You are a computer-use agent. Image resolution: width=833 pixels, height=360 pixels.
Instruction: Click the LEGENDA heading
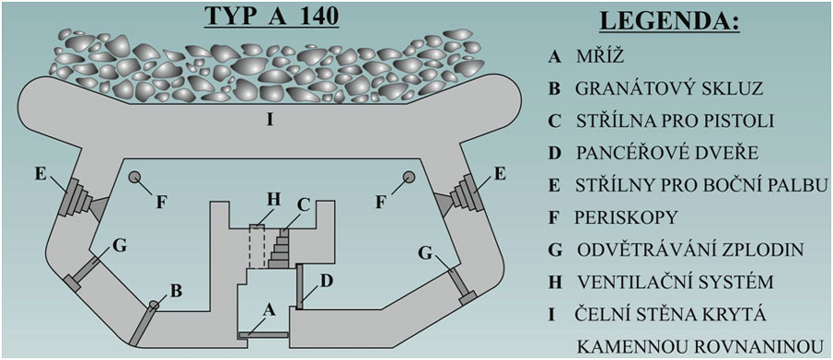669,23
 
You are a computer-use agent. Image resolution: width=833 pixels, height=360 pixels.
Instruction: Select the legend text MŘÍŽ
599,56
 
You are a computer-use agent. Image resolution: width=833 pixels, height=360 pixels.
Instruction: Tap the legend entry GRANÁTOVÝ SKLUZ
669,88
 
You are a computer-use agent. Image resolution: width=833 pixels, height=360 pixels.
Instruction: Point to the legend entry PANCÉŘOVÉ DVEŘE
666,153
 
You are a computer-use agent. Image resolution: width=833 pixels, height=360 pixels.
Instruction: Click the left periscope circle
134,178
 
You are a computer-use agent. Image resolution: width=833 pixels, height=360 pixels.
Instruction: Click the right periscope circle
408,177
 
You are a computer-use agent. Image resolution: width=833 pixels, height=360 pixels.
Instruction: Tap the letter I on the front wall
270,120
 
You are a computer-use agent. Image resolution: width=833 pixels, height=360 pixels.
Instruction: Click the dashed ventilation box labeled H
256,246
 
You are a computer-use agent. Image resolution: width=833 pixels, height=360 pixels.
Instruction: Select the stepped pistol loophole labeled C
280,249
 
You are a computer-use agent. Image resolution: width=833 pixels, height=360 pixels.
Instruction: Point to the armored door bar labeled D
299,286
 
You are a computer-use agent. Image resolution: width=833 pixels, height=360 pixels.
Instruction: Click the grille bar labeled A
263,336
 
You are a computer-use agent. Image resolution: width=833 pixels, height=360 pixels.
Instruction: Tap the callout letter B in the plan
177,291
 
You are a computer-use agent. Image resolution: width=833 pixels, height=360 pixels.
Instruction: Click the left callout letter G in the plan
120,246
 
